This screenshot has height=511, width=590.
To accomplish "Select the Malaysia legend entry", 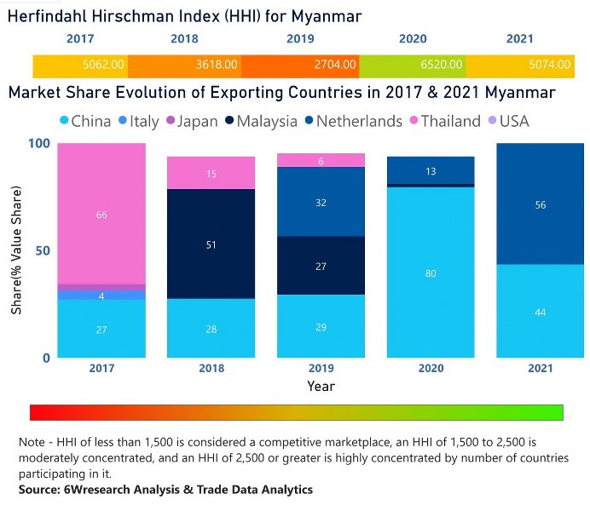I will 260,121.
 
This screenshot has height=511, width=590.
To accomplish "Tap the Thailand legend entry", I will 444,121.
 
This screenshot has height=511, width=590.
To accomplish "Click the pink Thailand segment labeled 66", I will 101,215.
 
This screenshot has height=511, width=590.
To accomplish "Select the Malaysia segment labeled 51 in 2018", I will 211,244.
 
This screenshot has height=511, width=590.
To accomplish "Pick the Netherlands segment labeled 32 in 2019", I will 321,203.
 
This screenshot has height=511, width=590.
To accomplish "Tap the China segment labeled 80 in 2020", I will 431,274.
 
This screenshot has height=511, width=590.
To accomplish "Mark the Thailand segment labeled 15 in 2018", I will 211,174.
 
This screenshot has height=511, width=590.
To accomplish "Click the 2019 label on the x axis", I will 321,370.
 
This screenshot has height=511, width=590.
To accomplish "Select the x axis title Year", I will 321,387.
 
